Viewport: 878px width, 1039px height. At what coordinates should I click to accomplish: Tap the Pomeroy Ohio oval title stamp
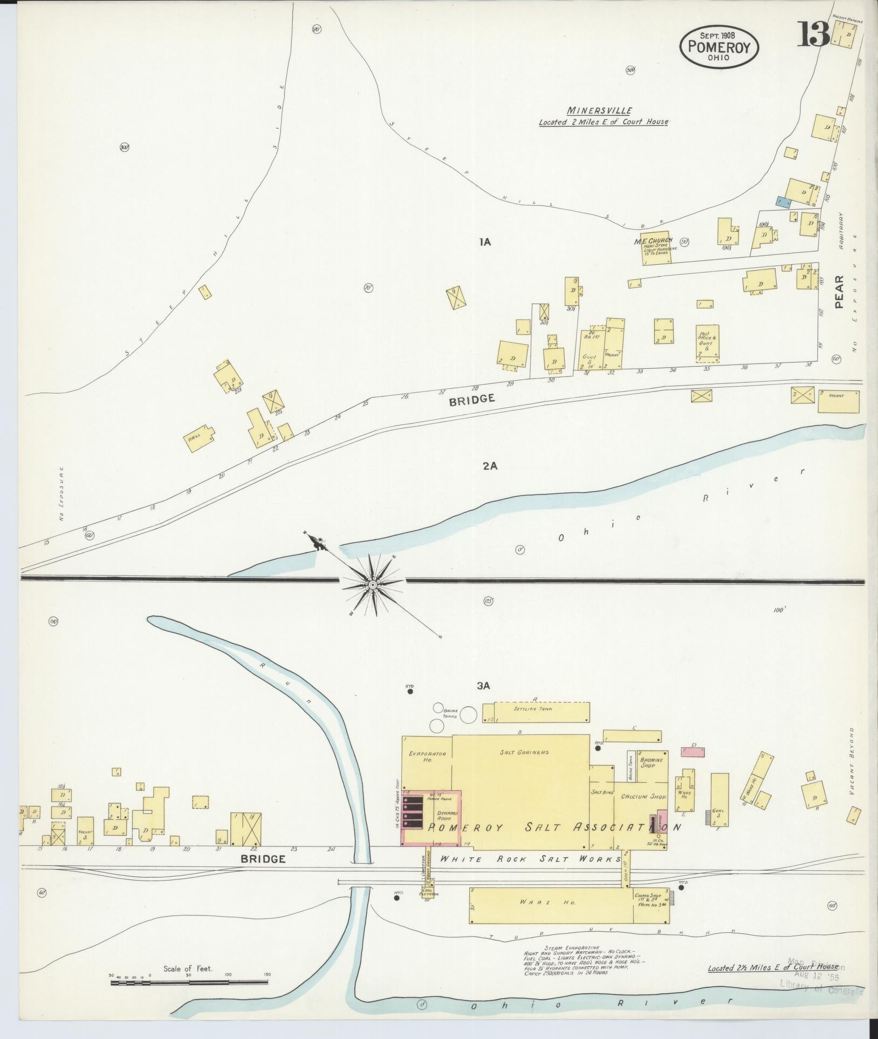pyautogui.click(x=719, y=47)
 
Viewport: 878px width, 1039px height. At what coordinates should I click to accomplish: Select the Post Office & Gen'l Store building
pyautogui.click(x=707, y=342)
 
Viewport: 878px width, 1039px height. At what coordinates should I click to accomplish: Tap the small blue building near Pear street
pyautogui.click(x=783, y=202)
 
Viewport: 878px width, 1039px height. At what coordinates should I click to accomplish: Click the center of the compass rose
pyautogui.click(x=373, y=585)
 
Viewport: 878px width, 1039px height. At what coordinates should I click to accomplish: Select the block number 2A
pyautogui.click(x=490, y=466)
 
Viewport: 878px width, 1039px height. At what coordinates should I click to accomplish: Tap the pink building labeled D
pyautogui.click(x=692, y=752)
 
